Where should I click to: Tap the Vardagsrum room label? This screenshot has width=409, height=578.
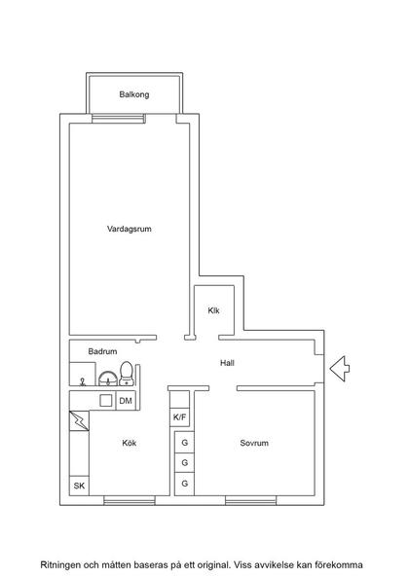coord(130,230)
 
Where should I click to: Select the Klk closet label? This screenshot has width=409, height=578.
coord(213,310)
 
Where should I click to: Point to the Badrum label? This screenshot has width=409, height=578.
coord(102,351)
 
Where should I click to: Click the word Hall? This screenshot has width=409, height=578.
coord(227,363)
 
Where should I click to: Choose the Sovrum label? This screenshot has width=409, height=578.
coord(253,443)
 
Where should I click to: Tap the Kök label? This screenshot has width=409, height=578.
coord(129,443)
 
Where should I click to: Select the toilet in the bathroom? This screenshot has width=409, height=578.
coord(126,373)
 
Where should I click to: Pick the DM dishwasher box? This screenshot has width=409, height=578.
coord(125,400)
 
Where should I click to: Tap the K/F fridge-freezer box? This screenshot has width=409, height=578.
coord(180,417)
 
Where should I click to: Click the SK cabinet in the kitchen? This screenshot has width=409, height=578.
coord(78,486)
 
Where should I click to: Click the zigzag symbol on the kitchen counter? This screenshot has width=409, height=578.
coord(78,423)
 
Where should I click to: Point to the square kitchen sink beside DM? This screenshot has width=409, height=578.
coord(106,400)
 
